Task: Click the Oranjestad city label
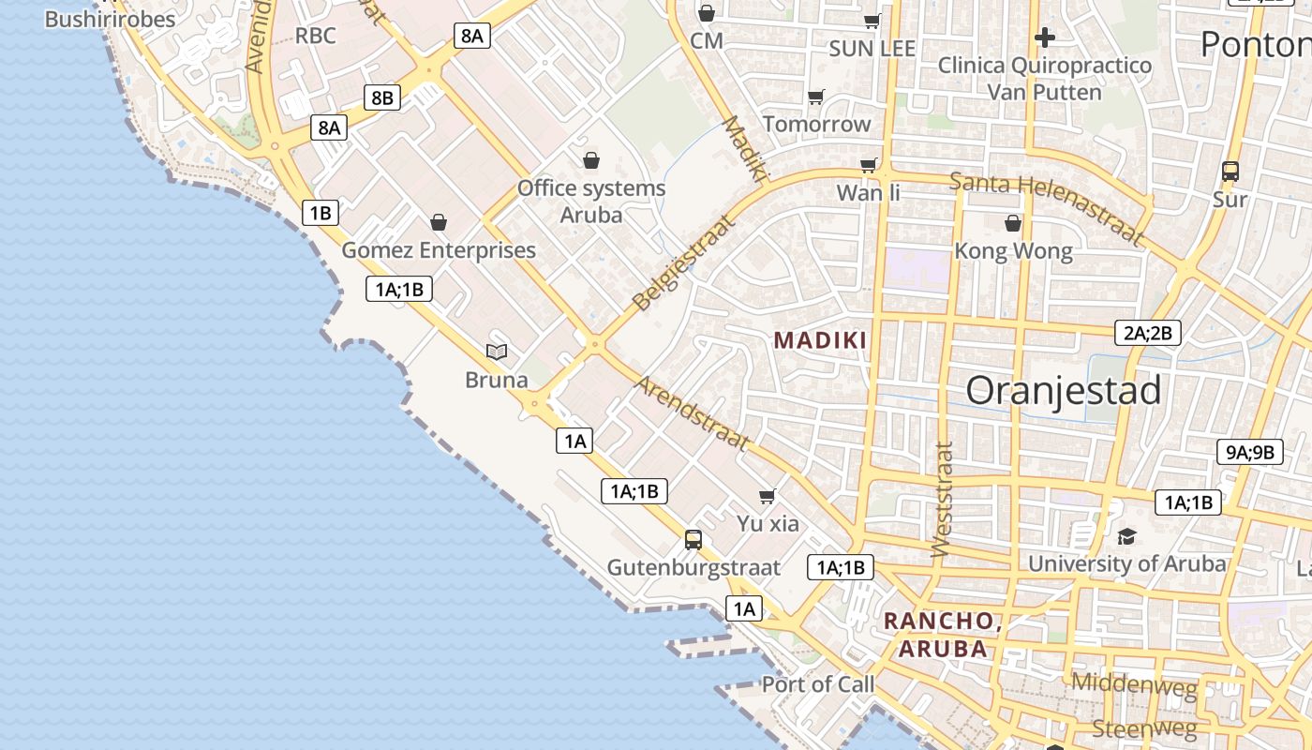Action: tap(1064, 390)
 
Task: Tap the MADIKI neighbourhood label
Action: tap(821, 340)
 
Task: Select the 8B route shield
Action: tap(382, 97)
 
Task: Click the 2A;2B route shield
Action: tap(1148, 332)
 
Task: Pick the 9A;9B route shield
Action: tap(1249, 452)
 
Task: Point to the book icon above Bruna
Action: tap(497, 352)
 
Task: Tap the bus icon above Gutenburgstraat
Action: tap(693, 539)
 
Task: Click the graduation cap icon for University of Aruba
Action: tap(1126, 536)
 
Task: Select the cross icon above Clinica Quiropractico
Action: tap(1045, 37)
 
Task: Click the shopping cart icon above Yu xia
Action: tap(768, 496)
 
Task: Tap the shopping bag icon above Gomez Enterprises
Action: tap(438, 222)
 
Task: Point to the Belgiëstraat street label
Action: tap(683, 262)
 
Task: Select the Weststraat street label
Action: tap(943, 499)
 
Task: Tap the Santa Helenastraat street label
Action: tap(1047, 207)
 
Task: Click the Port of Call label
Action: tap(817, 684)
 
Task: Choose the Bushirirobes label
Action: tap(110, 19)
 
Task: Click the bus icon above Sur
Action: tap(1230, 172)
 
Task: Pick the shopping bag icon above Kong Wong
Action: tap(1013, 223)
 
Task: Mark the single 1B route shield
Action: tap(320, 213)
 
